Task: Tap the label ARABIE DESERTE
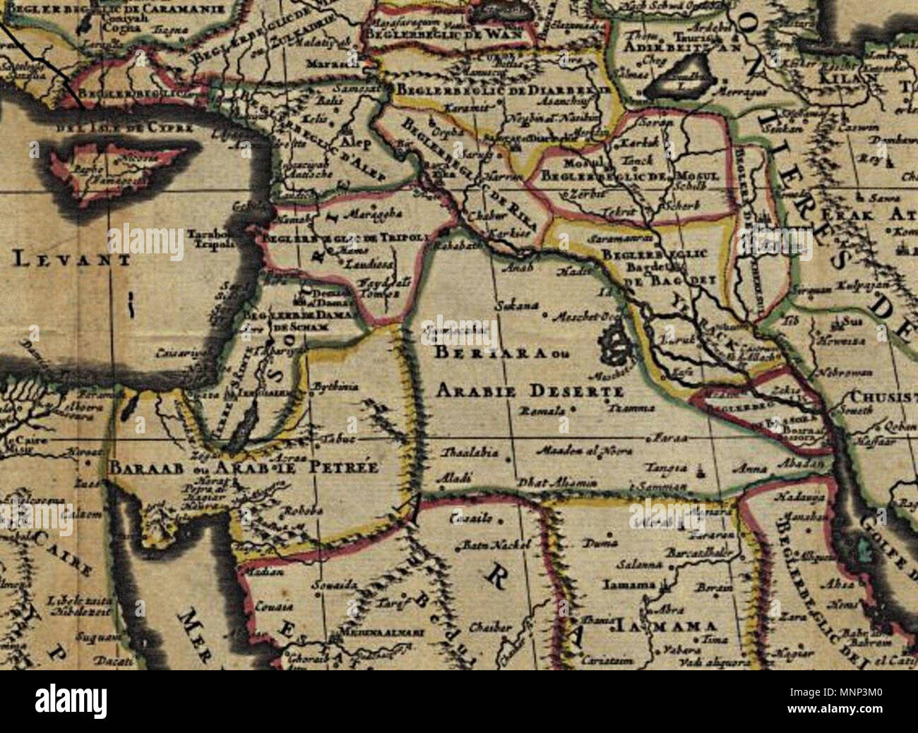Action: tap(530, 390)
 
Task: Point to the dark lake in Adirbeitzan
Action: tap(675, 87)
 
